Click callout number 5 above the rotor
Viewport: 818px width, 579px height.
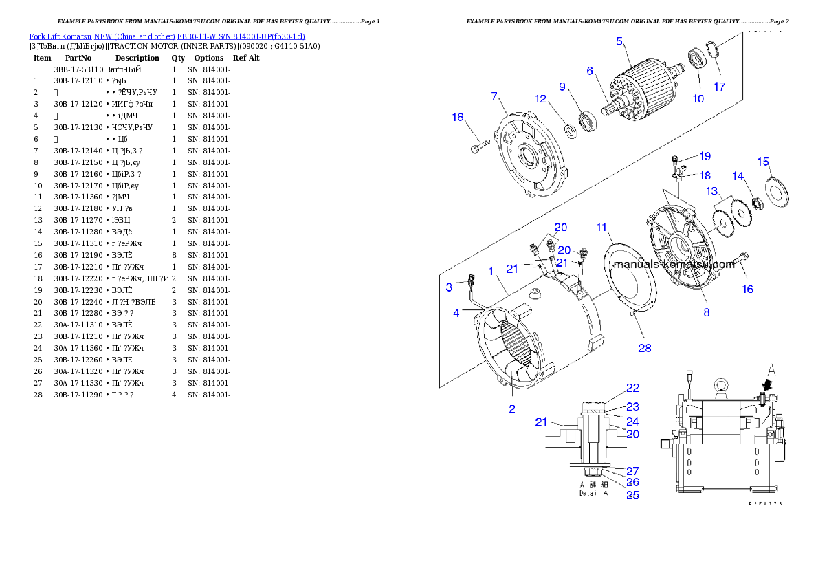pyautogui.click(x=619, y=41)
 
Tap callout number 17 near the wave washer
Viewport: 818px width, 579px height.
pyautogui.click(x=719, y=87)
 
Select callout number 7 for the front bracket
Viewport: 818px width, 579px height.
pyautogui.click(x=494, y=96)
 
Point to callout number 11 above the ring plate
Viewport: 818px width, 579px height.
pyautogui.click(x=601, y=227)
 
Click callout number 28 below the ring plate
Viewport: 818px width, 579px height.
pyautogui.click(x=644, y=348)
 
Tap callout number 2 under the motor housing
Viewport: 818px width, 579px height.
pyautogui.click(x=511, y=409)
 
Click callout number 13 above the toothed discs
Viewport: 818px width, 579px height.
pyautogui.click(x=711, y=190)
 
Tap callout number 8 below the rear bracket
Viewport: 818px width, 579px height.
pyautogui.click(x=706, y=312)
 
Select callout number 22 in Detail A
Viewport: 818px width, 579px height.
pyautogui.click(x=632, y=388)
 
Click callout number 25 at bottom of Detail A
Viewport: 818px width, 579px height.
pyautogui.click(x=632, y=494)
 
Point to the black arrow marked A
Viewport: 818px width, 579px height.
pyautogui.click(x=766, y=389)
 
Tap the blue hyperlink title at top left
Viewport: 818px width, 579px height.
pyautogui.click(x=167, y=36)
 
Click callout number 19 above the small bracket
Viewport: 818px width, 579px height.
pyautogui.click(x=705, y=156)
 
